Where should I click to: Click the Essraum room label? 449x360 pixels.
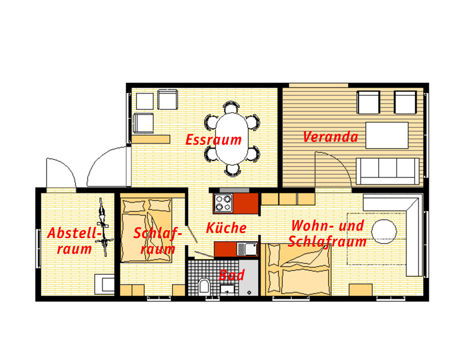coord(213,140)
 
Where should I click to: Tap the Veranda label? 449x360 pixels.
coord(330,137)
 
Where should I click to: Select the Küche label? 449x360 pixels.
coord(226,228)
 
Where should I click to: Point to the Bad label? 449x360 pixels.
coord(231,275)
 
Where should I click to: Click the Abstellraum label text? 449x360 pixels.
coord(73,241)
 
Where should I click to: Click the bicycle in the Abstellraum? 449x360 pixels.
coord(103,227)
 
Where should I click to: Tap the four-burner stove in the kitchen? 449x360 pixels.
coord(223,203)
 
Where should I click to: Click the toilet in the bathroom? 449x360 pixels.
coord(204,287)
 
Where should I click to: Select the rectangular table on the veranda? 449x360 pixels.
coord(387,135)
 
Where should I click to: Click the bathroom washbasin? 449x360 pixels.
coord(228,289)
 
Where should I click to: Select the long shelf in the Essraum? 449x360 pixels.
coord(152,139)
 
